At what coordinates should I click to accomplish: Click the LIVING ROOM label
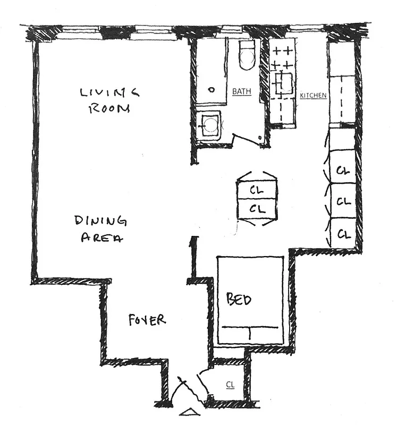pos(109,100)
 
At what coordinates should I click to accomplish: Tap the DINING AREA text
pos(101,228)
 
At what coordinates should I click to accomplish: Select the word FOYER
pos(147,320)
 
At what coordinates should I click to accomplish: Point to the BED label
pos(239,300)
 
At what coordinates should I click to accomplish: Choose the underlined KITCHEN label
pos(313,96)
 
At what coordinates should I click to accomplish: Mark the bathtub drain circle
pos(212,89)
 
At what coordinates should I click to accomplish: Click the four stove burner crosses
pos(282,58)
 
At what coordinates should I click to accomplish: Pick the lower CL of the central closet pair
pos(257,208)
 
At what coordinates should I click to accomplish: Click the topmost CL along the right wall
pos(343,171)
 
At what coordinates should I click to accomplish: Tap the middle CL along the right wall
pos(343,202)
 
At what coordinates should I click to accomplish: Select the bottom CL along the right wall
pos(343,233)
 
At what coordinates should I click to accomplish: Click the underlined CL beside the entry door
pos(230,384)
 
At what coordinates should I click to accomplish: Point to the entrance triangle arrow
pos(187,411)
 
